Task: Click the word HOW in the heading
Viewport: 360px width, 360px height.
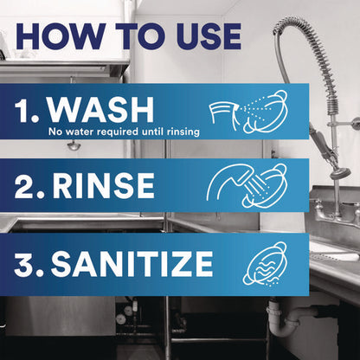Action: click(x=57, y=36)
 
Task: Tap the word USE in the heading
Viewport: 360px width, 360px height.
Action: click(x=209, y=36)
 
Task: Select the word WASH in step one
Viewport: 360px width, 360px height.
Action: click(x=100, y=110)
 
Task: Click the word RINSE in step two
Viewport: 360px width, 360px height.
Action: click(x=103, y=184)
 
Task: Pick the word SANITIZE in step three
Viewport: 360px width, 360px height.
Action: click(x=132, y=264)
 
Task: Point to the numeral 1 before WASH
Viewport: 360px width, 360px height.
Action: click(x=22, y=110)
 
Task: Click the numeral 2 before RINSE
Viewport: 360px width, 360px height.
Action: click(x=24, y=184)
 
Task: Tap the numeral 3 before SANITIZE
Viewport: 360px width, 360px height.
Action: click(x=24, y=264)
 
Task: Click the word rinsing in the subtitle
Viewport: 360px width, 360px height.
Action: click(x=183, y=132)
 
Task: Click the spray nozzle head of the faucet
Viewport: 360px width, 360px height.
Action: click(x=340, y=173)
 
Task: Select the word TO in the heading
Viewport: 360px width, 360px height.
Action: click(x=137, y=36)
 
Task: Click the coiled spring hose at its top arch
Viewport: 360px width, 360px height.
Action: click(x=292, y=21)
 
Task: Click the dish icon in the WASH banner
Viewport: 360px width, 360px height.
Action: click(x=266, y=112)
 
